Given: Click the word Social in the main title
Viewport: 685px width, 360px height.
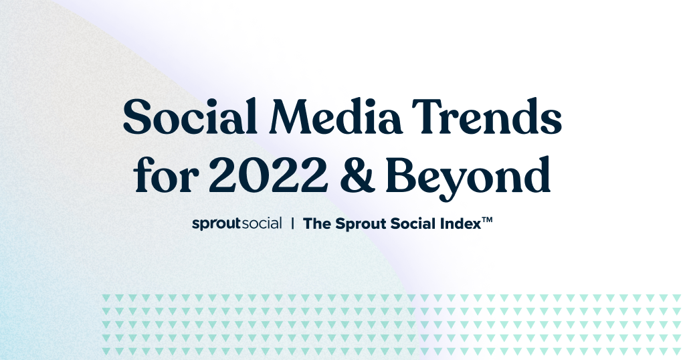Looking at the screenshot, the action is pyautogui.click(x=191, y=116).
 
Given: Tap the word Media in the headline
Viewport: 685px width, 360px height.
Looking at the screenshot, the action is pyautogui.click(x=337, y=116).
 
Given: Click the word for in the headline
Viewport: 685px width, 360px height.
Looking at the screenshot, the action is pyautogui.click(x=166, y=175).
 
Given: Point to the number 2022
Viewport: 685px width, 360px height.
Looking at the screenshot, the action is pyautogui.click(x=268, y=175).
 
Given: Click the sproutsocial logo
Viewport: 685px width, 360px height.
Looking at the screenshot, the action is pyautogui.click(x=237, y=223).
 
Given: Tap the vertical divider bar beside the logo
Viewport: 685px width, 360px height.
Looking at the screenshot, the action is pyautogui.click(x=292, y=223).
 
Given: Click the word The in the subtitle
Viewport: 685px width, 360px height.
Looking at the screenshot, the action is pyautogui.click(x=317, y=223).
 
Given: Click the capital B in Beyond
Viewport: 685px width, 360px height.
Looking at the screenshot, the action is pyautogui.click(x=402, y=175).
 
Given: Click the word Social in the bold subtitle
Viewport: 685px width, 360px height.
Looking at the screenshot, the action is pyautogui.click(x=413, y=223).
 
